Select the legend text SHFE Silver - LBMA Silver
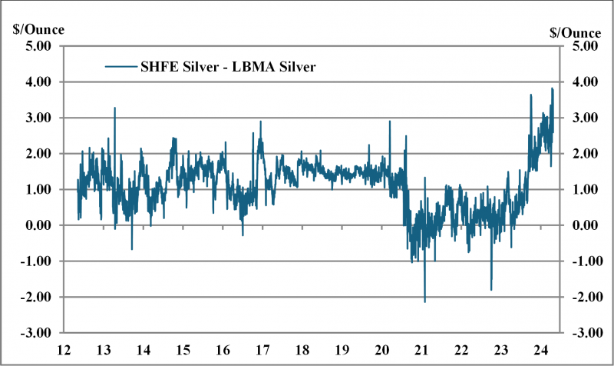coord(229,67)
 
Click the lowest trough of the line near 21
coord(424,301)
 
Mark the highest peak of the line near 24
coord(552,88)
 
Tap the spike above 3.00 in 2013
coord(114,108)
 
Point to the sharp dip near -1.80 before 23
coord(491,290)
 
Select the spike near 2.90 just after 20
coord(390,121)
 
